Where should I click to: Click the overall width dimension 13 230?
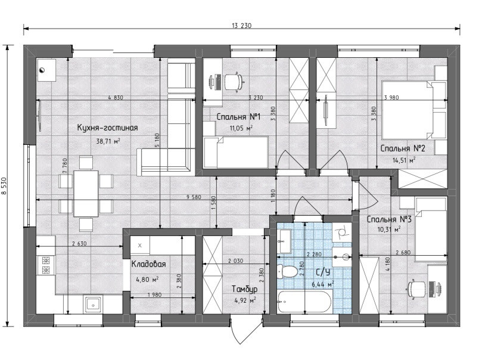click(241, 26)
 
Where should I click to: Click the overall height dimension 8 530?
click(4, 186)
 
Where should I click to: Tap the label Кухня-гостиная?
click(107, 128)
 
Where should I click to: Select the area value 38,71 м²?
click(108, 141)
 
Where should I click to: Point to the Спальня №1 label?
click(238, 117)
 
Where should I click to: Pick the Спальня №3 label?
click(389, 219)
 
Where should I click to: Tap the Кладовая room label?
click(149, 264)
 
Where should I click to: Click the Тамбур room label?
click(245, 289)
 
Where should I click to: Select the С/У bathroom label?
click(323, 272)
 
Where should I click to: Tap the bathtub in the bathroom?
click(304, 302)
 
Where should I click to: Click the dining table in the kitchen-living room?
click(86, 194)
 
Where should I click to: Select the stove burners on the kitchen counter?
click(46, 265)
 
